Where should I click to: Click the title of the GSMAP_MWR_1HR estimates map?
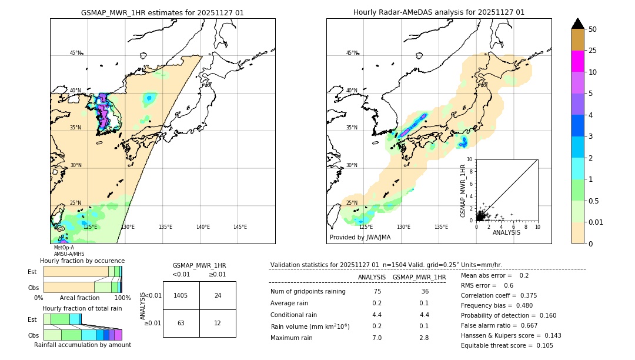pos(162,12)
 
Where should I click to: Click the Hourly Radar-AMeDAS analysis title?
pos(439,12)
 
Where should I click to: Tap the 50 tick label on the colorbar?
pos(593,29)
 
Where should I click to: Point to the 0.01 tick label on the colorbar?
pos(595,222)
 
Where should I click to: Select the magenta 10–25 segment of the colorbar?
pos(577,61)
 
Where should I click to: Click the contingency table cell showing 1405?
pos(181,295)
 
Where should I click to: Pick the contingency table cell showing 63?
pos(181,323)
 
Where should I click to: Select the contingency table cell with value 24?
pos(218,295)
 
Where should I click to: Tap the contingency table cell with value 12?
pos(218,323)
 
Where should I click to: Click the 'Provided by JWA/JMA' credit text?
pos(360,238)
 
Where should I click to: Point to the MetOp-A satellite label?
pos(63,248)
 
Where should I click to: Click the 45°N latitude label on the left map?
pos(75,53)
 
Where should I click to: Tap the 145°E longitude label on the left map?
pos(240,227)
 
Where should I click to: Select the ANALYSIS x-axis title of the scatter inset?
pos(506,232)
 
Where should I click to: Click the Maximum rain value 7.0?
pos(377,338)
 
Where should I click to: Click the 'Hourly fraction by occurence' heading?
pos(82,261)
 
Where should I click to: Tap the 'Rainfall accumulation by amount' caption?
pos(82,345)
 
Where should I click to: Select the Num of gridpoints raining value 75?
pos(377,292)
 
